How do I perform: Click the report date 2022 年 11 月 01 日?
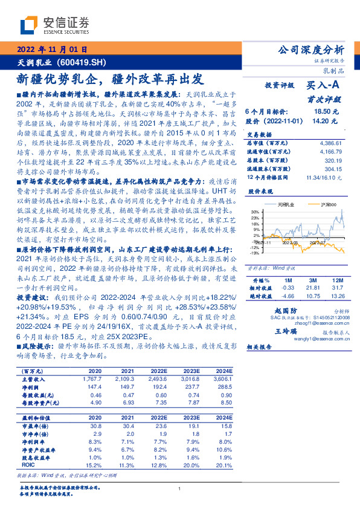[56, 50]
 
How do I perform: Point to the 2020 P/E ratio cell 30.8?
[95, 427]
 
